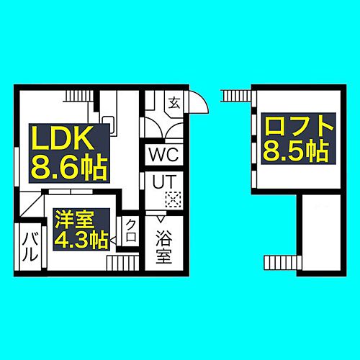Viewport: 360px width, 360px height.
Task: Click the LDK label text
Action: [63, 138]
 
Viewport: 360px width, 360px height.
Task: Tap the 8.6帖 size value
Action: [69, 168]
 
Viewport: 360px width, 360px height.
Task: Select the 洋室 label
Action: [74, 220]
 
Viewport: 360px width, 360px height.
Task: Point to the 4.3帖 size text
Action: [81, 240]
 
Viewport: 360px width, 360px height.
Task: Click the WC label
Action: [164, 154]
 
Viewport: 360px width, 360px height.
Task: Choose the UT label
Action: [164, 181]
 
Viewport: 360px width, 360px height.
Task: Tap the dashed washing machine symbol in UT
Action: [173, 199]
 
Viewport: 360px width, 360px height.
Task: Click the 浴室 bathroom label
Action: [164, 247]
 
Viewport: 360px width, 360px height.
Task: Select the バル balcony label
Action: [30, 247]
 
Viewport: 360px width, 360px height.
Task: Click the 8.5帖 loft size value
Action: [296, 151]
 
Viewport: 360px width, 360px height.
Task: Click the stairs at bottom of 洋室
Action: [123, 263]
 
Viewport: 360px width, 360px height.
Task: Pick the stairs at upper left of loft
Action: [236, 96]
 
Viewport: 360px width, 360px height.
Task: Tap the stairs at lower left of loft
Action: [282, 263]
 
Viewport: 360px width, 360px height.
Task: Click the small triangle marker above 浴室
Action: [161, 219]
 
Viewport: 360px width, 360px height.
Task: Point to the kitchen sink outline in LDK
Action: [109, 125]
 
